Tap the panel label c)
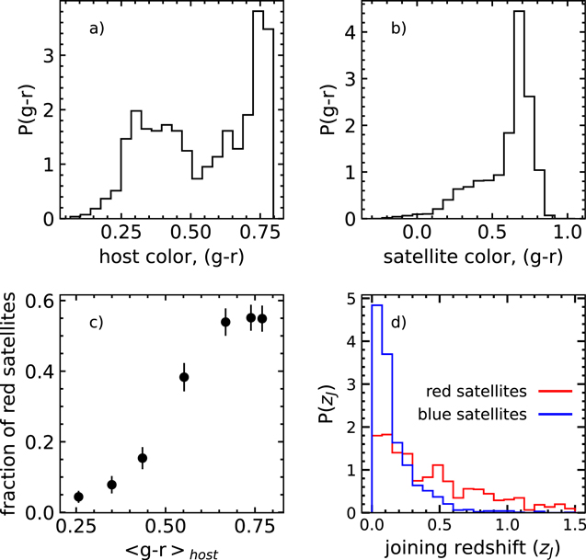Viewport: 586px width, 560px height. point(95,324)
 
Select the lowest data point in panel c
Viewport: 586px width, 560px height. point(78,497)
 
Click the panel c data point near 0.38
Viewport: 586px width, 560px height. point(184,376)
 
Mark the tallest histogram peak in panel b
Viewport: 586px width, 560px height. point(519,12)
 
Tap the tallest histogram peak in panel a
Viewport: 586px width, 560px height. point(258,12)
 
